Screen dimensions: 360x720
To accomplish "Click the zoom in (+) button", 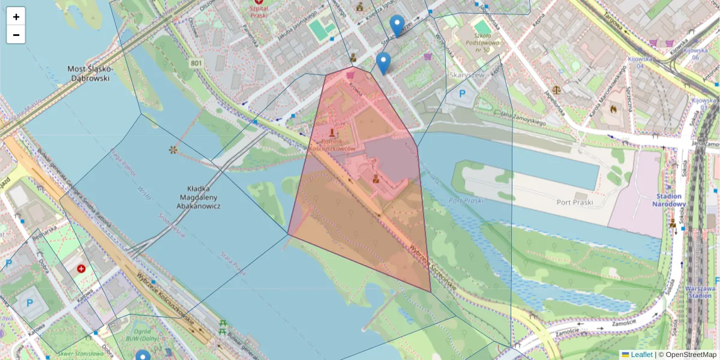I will tap(16, 17).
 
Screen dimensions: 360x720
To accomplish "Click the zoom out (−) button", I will tap(16, 35).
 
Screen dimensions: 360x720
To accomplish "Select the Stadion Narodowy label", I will tap(668, 200).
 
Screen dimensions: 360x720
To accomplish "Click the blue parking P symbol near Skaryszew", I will tap(463, 94).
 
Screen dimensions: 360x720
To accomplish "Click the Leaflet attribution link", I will tap(641, 355).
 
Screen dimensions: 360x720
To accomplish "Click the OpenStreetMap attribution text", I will tap(691, 355).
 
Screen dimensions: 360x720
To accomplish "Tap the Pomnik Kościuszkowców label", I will tap(332, 145).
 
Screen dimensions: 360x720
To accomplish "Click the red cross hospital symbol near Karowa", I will tap(81, 269).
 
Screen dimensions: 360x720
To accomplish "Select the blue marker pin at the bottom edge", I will tap(143, 356).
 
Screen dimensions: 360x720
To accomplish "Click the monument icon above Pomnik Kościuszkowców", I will tap(332, 131).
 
